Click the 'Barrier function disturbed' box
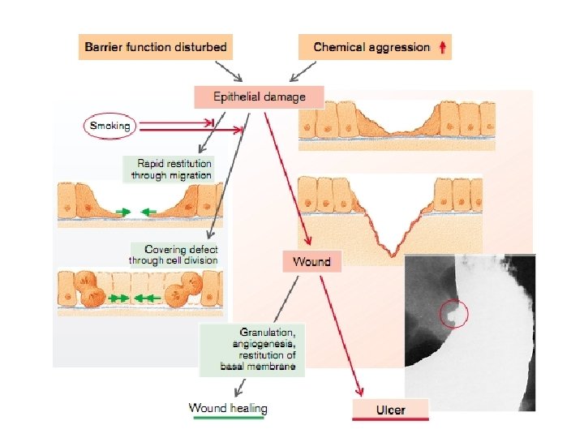tap(157, 47)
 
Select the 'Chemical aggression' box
tap(374, 47)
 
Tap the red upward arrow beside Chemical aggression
tap(441, 47)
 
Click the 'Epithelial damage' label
tap(259, 97)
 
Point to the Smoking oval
tap(109, 126)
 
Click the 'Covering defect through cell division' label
tap(174, 255)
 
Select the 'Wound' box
tap(311, 261)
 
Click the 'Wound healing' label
tap(228, 407)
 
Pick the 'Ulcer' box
tap(390, 410)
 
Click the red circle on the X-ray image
tap(454, 312)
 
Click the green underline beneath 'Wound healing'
tap(228, 419)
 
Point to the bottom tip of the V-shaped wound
tap(392, 255)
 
